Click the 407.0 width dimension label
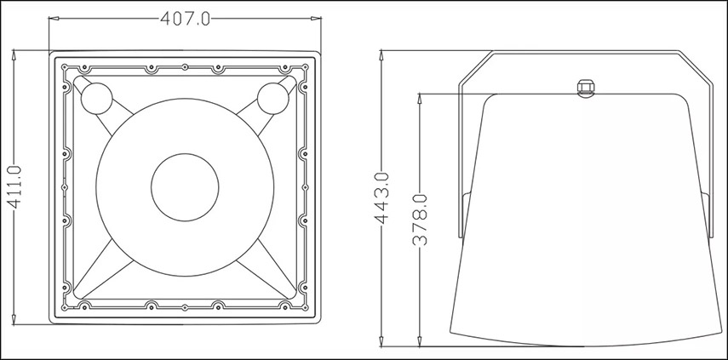(x=185, y=19)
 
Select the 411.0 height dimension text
(x=14, y=186)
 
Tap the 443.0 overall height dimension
(x=382, y=198)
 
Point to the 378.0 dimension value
(x=420, y=220)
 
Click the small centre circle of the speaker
(x=185, y=187)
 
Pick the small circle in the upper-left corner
(x=96, y=99)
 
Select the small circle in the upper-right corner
(x=273, y=99)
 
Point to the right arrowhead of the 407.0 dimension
(x=316, y=19)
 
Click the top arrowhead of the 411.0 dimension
(x=14, y=54)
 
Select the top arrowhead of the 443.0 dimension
(x=381, y=55)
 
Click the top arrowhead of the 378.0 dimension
(x=420, y=100)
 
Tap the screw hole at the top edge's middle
(x=185, y=67)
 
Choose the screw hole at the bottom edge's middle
(x=185, y=307)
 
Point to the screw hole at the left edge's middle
(x=65, y=187)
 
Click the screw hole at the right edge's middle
(x=305, y=187)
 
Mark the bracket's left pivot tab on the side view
(x=466, y=215)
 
